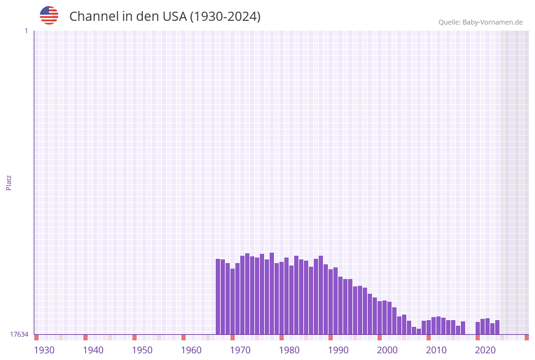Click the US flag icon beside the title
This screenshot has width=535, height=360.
click(x=49, y=15)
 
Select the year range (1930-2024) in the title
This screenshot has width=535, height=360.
click(x=225, y=17)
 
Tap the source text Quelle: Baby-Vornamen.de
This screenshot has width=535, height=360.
click(x=480, y=22)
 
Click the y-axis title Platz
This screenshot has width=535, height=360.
click(x=9, y=183)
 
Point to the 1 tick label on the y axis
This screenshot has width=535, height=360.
click(x=26, y=31)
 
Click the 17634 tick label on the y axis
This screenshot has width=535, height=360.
click(x=19, y=334)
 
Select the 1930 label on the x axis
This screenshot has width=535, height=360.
click(x=44, y=350)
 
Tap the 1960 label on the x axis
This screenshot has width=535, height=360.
click(x=191, y=350)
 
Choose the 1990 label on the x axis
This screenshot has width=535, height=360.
click(x=338, y=350)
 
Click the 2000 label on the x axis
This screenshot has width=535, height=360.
click(x=387, y=350)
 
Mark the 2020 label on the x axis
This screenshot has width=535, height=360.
click(x=485, y=350)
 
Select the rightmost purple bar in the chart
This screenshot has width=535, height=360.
click(x=497, y=327)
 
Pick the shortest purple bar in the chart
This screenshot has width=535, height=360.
click(x=419, y=331)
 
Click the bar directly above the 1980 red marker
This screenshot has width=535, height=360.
click(x=281, y=298)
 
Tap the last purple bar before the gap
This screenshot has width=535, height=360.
click(x=463, y=328)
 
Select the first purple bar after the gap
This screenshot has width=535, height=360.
click(x=478, y=328)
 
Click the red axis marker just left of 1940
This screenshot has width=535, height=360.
click(x=85, y=337)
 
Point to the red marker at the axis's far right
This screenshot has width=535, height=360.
click(x=526, y=337)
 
